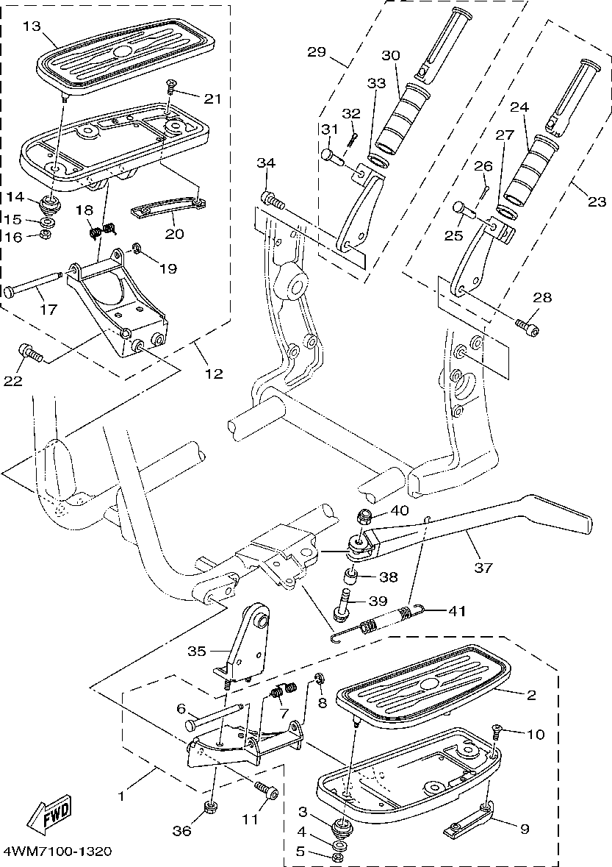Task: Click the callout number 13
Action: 32,27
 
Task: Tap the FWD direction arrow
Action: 50,813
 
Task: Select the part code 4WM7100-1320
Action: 57,852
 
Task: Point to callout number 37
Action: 484,567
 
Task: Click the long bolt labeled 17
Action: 32,285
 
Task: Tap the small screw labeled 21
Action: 170,87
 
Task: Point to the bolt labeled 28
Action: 527,324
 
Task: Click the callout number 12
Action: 213,373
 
